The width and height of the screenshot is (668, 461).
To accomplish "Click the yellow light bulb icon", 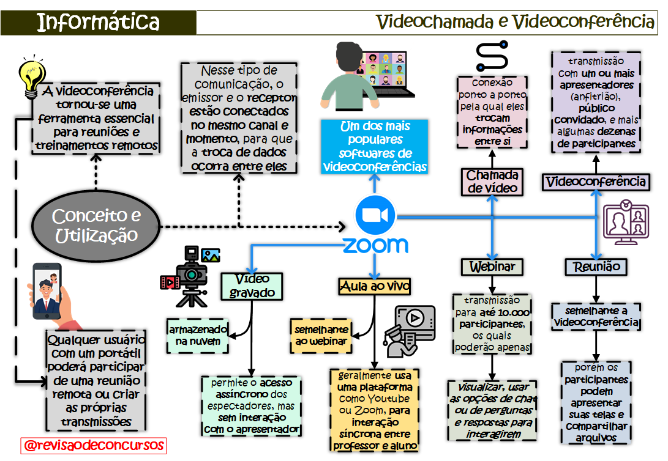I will [x=32, y=76].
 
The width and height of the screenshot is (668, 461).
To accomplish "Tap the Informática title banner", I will [x=98, y=23].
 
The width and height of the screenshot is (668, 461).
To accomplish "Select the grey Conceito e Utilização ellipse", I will [x=96, y=226].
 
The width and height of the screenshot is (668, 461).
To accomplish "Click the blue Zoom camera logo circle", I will [x=375, y=215].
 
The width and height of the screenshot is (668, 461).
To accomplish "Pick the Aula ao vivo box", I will [x=374, y=286].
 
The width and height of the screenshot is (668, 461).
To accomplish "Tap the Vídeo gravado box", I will [x=252, y=286].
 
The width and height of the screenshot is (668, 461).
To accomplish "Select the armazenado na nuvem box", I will [x=197, y=335].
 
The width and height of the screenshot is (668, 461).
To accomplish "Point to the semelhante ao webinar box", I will [x=321, y=335].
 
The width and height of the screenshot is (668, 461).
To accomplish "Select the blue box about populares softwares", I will [x=375, y=147].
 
